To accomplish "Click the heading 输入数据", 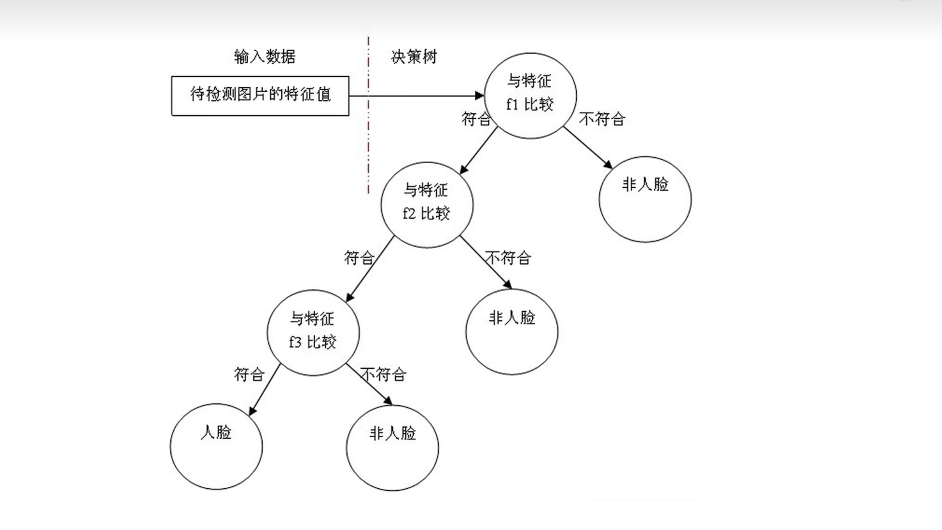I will click(265, 57).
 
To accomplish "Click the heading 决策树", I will click(414, 57).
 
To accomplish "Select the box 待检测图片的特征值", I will click(260, 96).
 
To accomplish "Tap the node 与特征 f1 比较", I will click(530, 96).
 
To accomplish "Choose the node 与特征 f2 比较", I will click(427, 205).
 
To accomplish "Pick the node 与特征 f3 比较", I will click(313, 333).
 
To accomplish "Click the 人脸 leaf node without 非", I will click(216, 446).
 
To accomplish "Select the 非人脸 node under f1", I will click(645, 199).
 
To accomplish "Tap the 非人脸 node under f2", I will click(512, 332).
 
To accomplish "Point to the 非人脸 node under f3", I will click(392, 447).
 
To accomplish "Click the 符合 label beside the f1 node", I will click(476, 119).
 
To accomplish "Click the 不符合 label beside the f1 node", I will click(602, 119).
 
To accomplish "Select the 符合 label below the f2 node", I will click(359, 258).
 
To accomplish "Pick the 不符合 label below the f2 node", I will click(508, 258).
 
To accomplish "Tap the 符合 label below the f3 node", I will click(249, 374).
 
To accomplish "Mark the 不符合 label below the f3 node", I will click(383, 374).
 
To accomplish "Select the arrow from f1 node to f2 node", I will click(478, 150).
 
